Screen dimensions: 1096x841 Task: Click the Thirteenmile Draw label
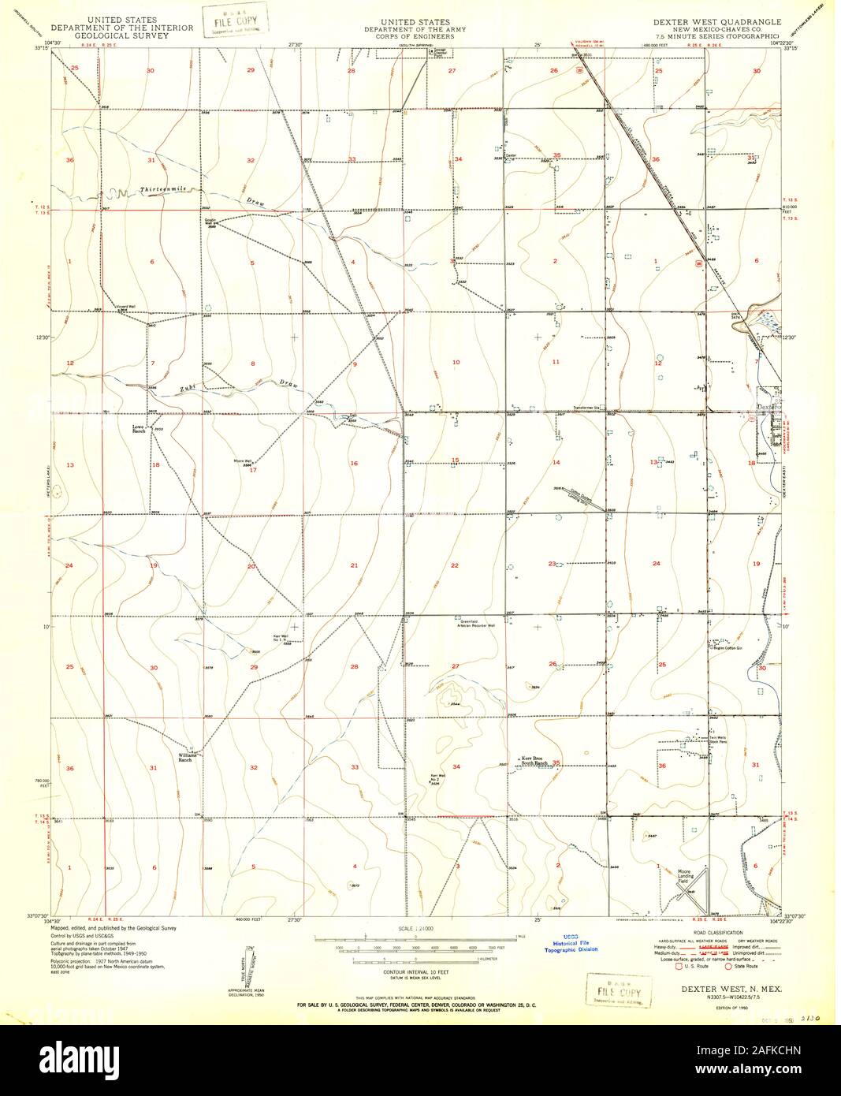pos(166,191)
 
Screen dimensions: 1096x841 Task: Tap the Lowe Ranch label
pos(140,430)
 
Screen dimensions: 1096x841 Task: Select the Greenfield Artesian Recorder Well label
pos(473,624)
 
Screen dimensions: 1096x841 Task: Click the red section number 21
pos(354,565)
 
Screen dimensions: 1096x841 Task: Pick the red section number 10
pos(455,362)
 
